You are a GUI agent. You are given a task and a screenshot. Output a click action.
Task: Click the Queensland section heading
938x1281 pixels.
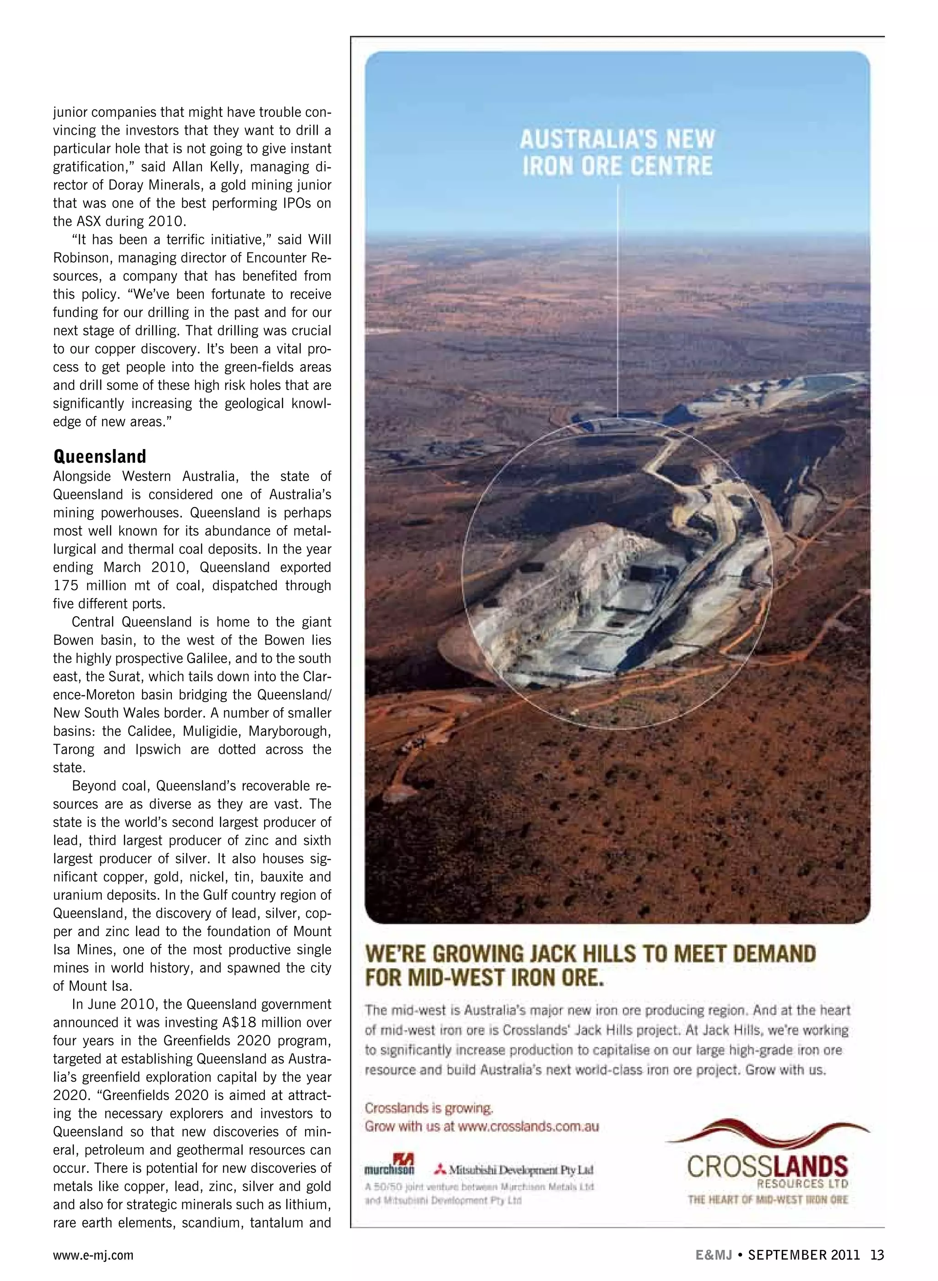(99, 456)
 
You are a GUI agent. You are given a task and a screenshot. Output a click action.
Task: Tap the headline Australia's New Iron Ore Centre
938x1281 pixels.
(617, 153)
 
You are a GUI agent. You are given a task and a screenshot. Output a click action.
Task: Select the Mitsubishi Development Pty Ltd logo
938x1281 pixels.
(514, 1170)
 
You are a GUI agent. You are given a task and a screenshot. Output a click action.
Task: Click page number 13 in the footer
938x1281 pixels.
(877, 1255)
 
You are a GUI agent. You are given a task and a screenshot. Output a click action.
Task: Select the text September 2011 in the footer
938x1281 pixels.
(803, 1255)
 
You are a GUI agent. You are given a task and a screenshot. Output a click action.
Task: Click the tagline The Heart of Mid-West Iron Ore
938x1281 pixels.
(768, 1200)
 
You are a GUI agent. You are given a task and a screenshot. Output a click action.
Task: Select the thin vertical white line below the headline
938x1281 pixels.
(618, 295)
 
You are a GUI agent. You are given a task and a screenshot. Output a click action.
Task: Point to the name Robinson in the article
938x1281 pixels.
(81, 258)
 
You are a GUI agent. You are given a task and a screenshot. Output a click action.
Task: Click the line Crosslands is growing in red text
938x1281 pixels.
(429, 1108)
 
